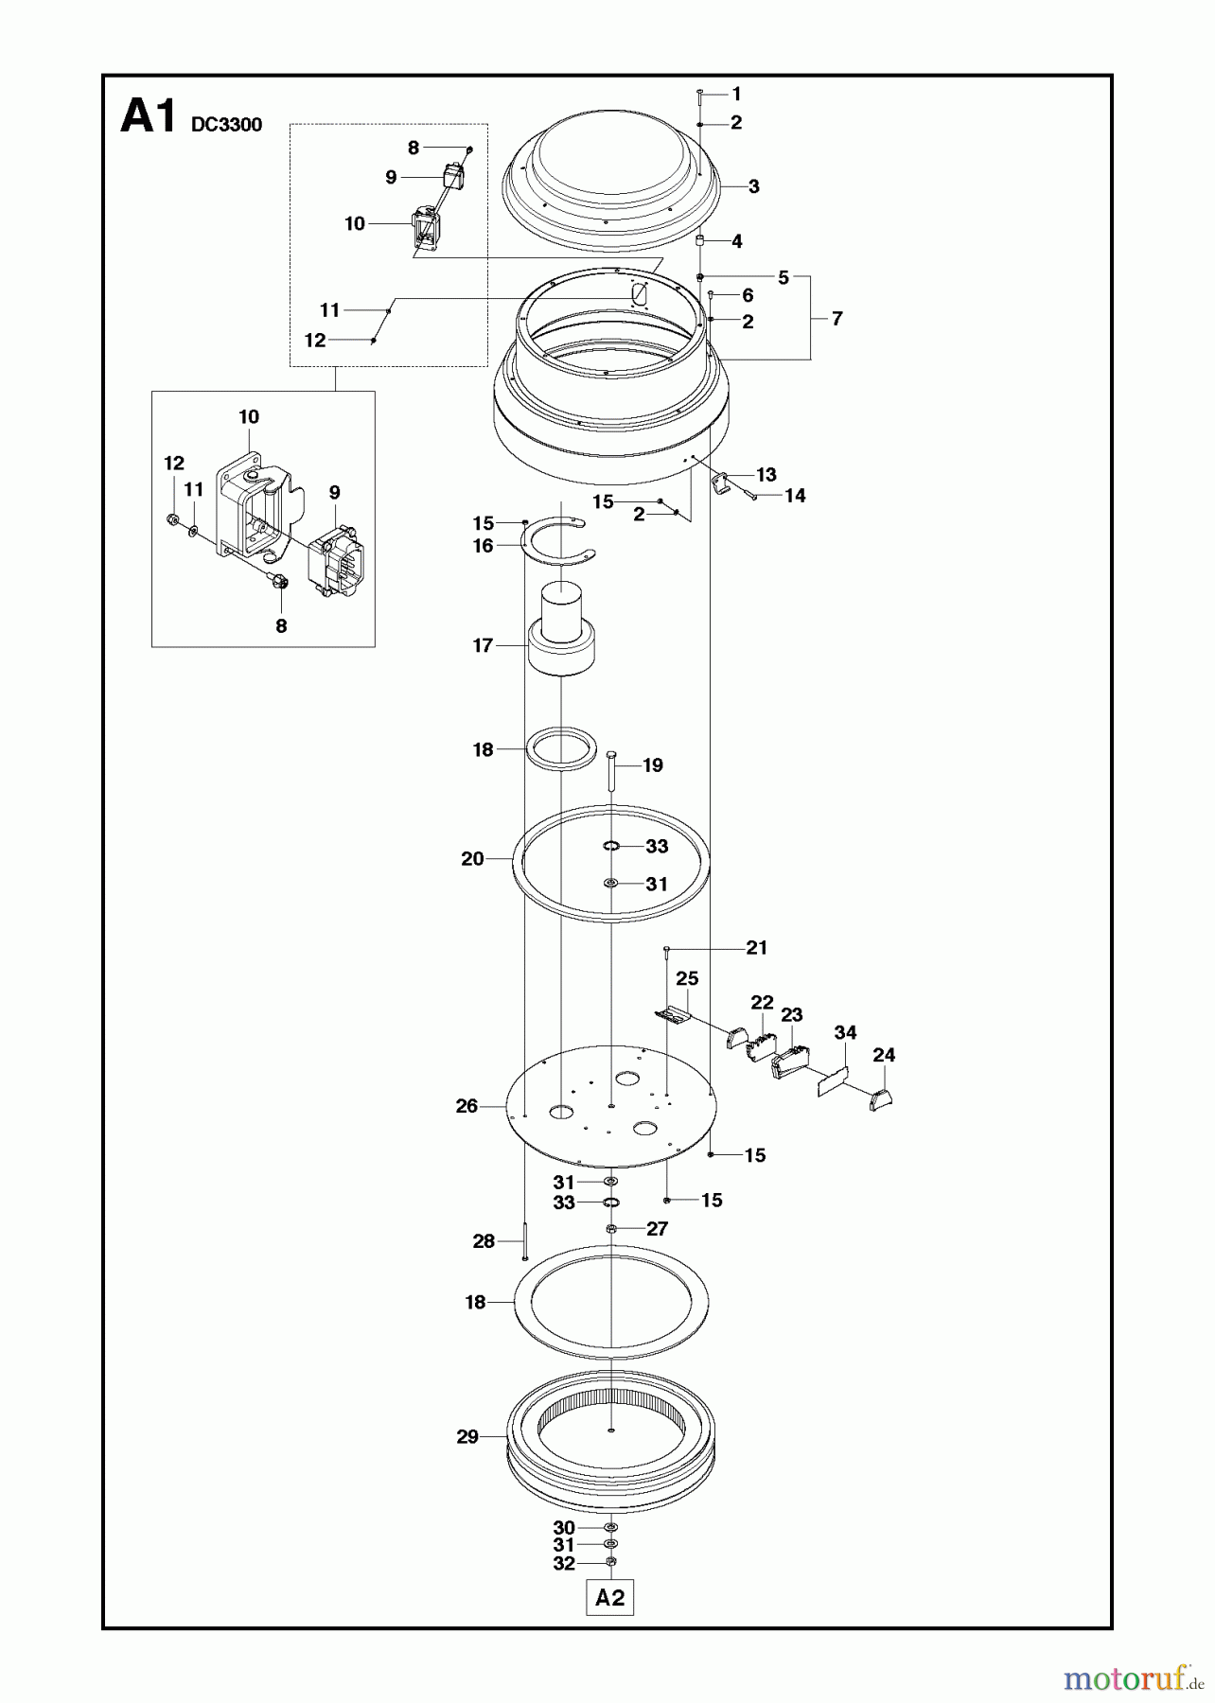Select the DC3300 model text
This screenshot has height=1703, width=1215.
pos(226,125)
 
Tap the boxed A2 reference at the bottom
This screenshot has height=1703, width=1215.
pos(610,1598)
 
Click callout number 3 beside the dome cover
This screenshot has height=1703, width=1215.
pos(753,186)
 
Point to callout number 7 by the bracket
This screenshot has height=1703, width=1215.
pos(836,319)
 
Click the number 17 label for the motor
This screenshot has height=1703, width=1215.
pos(483,645)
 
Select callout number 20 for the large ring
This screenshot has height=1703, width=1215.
pos(472,858)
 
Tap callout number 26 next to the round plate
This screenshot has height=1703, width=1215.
pos(467,1106)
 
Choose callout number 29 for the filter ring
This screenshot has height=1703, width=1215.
pos(467,1436)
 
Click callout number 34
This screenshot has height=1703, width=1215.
pos(845,1032)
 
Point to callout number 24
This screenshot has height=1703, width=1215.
pos(884,1055)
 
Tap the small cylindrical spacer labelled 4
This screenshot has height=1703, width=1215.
pos(701,241)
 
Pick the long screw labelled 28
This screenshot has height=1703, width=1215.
pos(523,1241)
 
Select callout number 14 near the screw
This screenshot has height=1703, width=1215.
pos(795,496)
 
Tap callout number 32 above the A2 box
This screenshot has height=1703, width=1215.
pos(564,1564)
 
